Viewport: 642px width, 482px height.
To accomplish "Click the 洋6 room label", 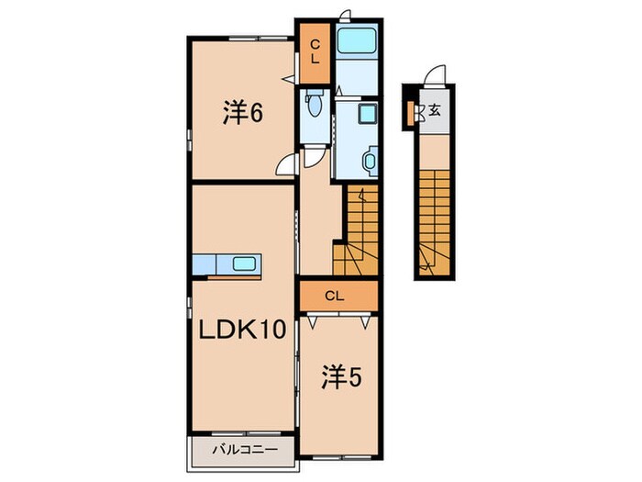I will [x=243, y=115].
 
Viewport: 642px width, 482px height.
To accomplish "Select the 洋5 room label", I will [x=338, y=376].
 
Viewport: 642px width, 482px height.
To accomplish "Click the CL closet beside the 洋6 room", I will [x=314, y=51].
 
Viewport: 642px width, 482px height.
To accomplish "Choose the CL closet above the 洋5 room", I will [x=338, y=295].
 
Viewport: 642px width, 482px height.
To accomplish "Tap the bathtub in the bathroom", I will [x=356, y=42].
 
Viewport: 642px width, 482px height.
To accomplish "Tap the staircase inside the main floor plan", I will [x=358, y=230].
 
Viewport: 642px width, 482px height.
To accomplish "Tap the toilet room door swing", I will [x=314, y=158].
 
